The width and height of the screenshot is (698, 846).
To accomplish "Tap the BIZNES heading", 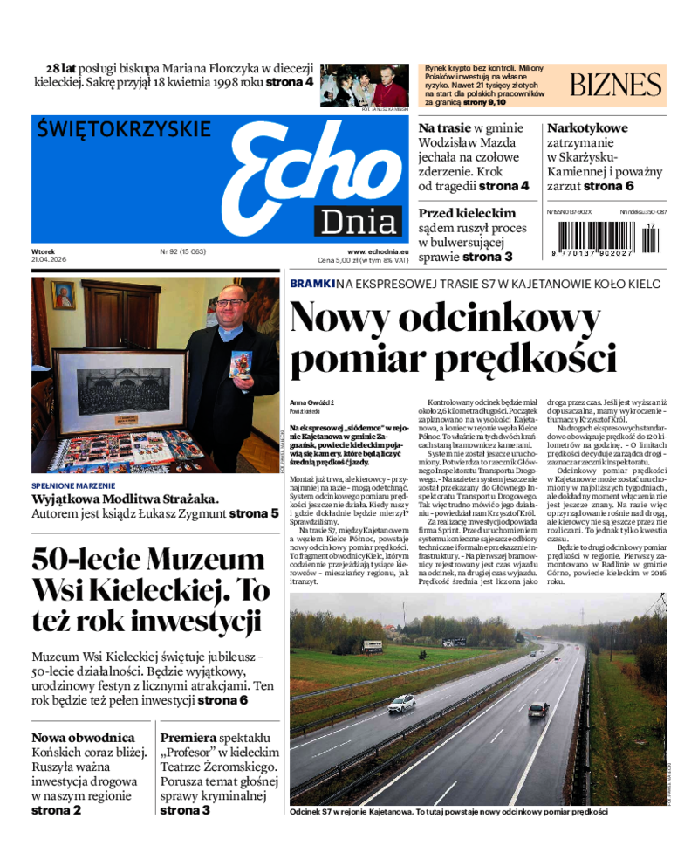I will (615, 85).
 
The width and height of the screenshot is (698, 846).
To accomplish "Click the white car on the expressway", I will (401, 703).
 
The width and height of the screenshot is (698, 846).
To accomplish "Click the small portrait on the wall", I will (63, 295).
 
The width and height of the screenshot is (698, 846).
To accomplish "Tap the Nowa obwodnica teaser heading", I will (83, 738).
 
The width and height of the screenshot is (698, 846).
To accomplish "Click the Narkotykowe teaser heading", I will (587, 128).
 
